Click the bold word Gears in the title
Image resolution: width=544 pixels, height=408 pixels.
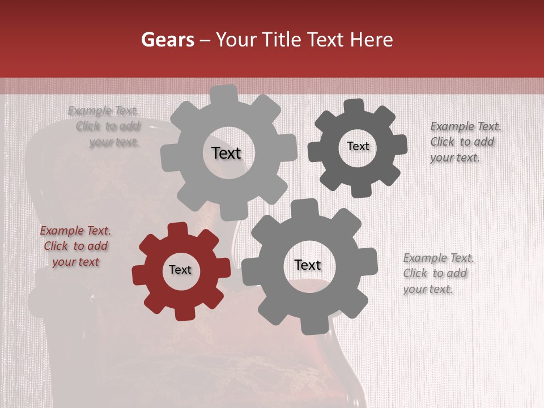pyautogui.click(x=167, y=40)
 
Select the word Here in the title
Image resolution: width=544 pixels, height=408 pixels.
pyautogui.click(x=371, y=40)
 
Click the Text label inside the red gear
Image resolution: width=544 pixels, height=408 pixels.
pyautogui.click(x=180, y=270)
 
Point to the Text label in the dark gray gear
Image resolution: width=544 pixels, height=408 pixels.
pyautogui.click(x=358, y=146)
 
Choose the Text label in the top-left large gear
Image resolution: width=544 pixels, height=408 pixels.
pyautogui.click(x=226, y=153)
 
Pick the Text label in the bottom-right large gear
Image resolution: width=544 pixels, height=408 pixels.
pyautogui.click(x=308, y=265)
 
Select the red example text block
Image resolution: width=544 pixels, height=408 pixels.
pyautogui.click(x=75, y=246)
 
